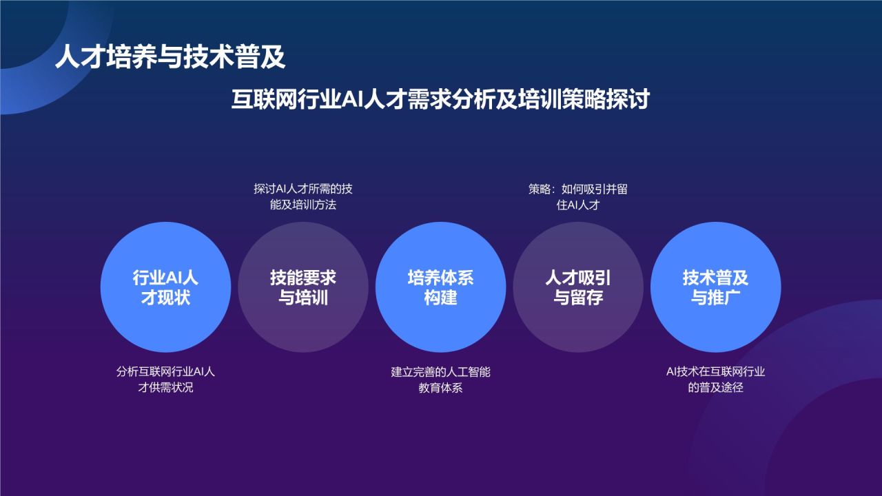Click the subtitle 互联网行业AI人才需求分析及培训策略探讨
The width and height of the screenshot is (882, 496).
(440, 99)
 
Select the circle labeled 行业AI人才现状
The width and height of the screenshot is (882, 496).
(165, 287)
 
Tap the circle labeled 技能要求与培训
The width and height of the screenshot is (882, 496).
(303, 287)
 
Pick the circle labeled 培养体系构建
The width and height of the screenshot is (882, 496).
(440, 287)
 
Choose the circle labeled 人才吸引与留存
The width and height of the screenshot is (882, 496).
(578, 287)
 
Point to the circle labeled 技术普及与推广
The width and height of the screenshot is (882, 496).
(715, 287)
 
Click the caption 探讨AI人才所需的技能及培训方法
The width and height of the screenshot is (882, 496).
(303, 197)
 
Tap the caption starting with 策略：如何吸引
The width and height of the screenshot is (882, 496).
(578, 197)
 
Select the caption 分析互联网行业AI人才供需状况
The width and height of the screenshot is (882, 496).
(165, 380)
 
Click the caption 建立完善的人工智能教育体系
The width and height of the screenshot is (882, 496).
(440, 380)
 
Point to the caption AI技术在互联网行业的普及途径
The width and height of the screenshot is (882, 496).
(715, 380)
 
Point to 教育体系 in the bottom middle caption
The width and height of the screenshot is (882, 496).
(440, 388)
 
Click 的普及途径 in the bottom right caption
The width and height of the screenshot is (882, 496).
(715, 388)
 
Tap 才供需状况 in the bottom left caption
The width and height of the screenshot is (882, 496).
(165, 388)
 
